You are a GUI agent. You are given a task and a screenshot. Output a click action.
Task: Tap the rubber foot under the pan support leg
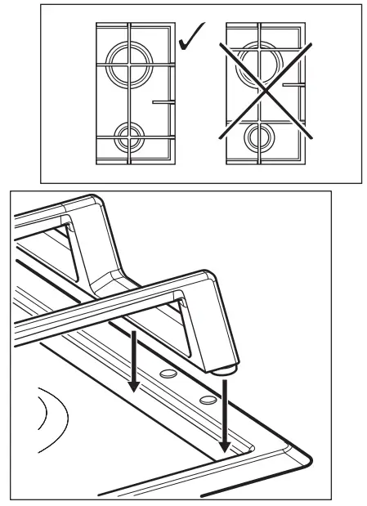point(226,370)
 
